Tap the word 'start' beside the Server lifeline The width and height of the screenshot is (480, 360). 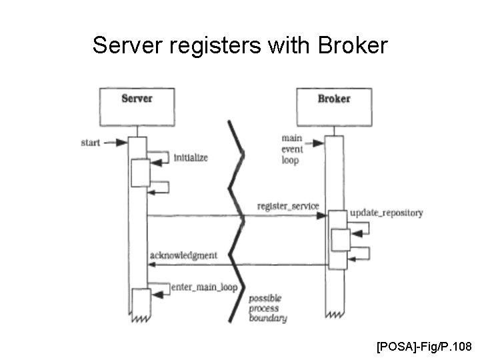[x=91, y=142]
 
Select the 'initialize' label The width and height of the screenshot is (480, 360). [x=191, y=158]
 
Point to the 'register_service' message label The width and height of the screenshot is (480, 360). [x=288, y=205]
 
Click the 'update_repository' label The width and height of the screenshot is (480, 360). [x=386, y=213]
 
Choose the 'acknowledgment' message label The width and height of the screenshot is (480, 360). [x=183, y=255]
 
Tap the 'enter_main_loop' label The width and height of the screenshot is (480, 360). [x=204, y=287]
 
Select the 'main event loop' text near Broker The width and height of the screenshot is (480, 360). [x=291, y=149]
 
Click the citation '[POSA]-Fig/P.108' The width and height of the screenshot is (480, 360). [x=424, y=346]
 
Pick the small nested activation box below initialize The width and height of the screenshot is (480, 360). [x=140, y=173]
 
